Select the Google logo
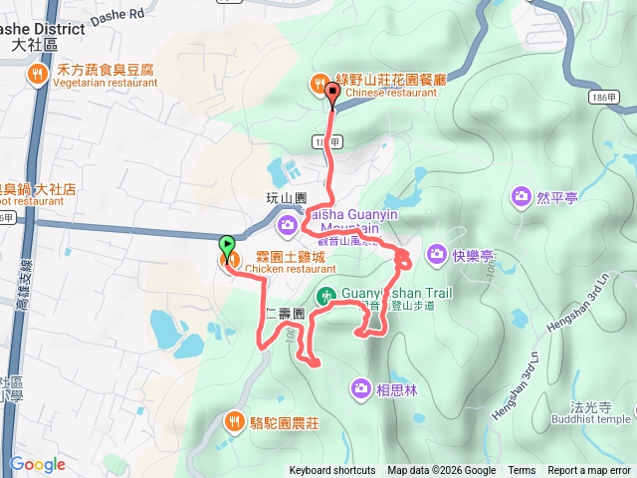(38, 464)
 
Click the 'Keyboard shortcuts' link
(332, 471)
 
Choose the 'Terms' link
(522, 471)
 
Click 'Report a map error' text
(589, 471)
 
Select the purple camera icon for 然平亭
(521, 196)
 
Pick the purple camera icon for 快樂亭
(436, 255)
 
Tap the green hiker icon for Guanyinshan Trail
(325, 295)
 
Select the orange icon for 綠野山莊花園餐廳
(320, 81)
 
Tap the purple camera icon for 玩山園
(286, 220)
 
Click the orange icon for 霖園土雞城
(228, 262)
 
